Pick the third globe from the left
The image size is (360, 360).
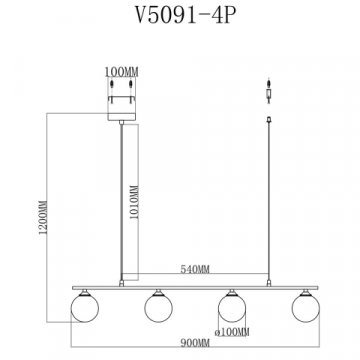click(232, 303)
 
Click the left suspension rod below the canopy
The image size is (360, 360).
click(122, 200)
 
